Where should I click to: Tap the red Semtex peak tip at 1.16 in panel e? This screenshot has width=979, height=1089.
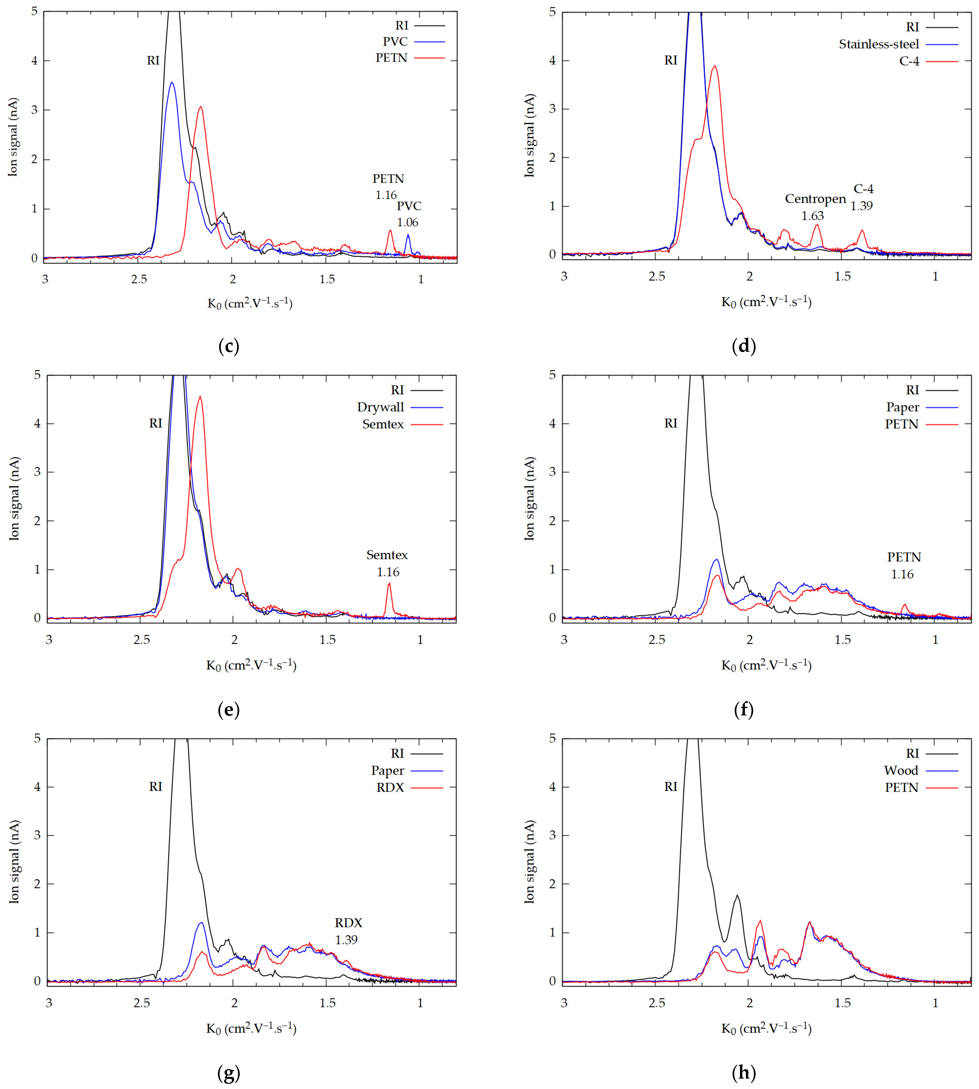click(389, 583)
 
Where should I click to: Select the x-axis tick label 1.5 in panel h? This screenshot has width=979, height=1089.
click(842, 1002)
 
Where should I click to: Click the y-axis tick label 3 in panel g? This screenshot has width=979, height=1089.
click(37, 835)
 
